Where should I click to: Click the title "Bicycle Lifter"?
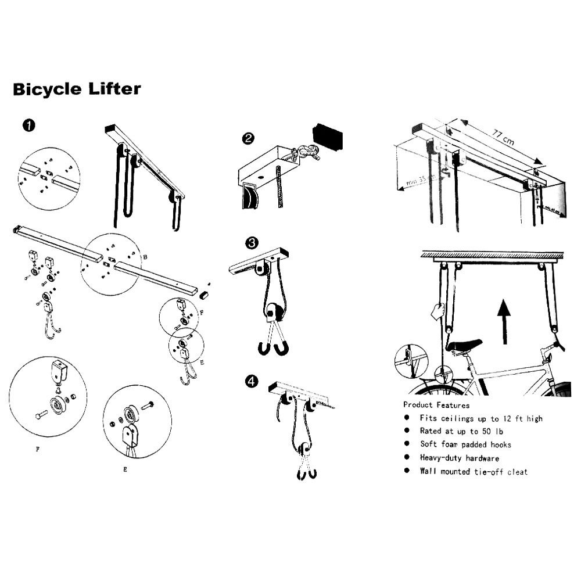pyautogui.click(x=77, y=89)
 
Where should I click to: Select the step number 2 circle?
pyautogui.click(x=248, y=138)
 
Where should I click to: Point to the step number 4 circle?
pyautogui.click(x=252, y=381)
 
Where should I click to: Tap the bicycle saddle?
pyautogui.click(x=464, y=345)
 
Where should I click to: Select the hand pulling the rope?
pyautogui.click(x=437, y=311)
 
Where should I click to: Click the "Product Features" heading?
pyautogui.click(x=436, y=405)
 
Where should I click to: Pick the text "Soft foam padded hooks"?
pyautogui.click(x=465, y=444)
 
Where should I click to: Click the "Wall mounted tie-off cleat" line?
pyautogui.click(x=474, y=472)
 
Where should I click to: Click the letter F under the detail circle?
pyautogui.click(x=38, y=449)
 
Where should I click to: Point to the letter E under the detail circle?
pyautogui.click(x=125, y=469)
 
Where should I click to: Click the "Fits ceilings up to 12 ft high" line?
pyautogui.click(x=480, y=418)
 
